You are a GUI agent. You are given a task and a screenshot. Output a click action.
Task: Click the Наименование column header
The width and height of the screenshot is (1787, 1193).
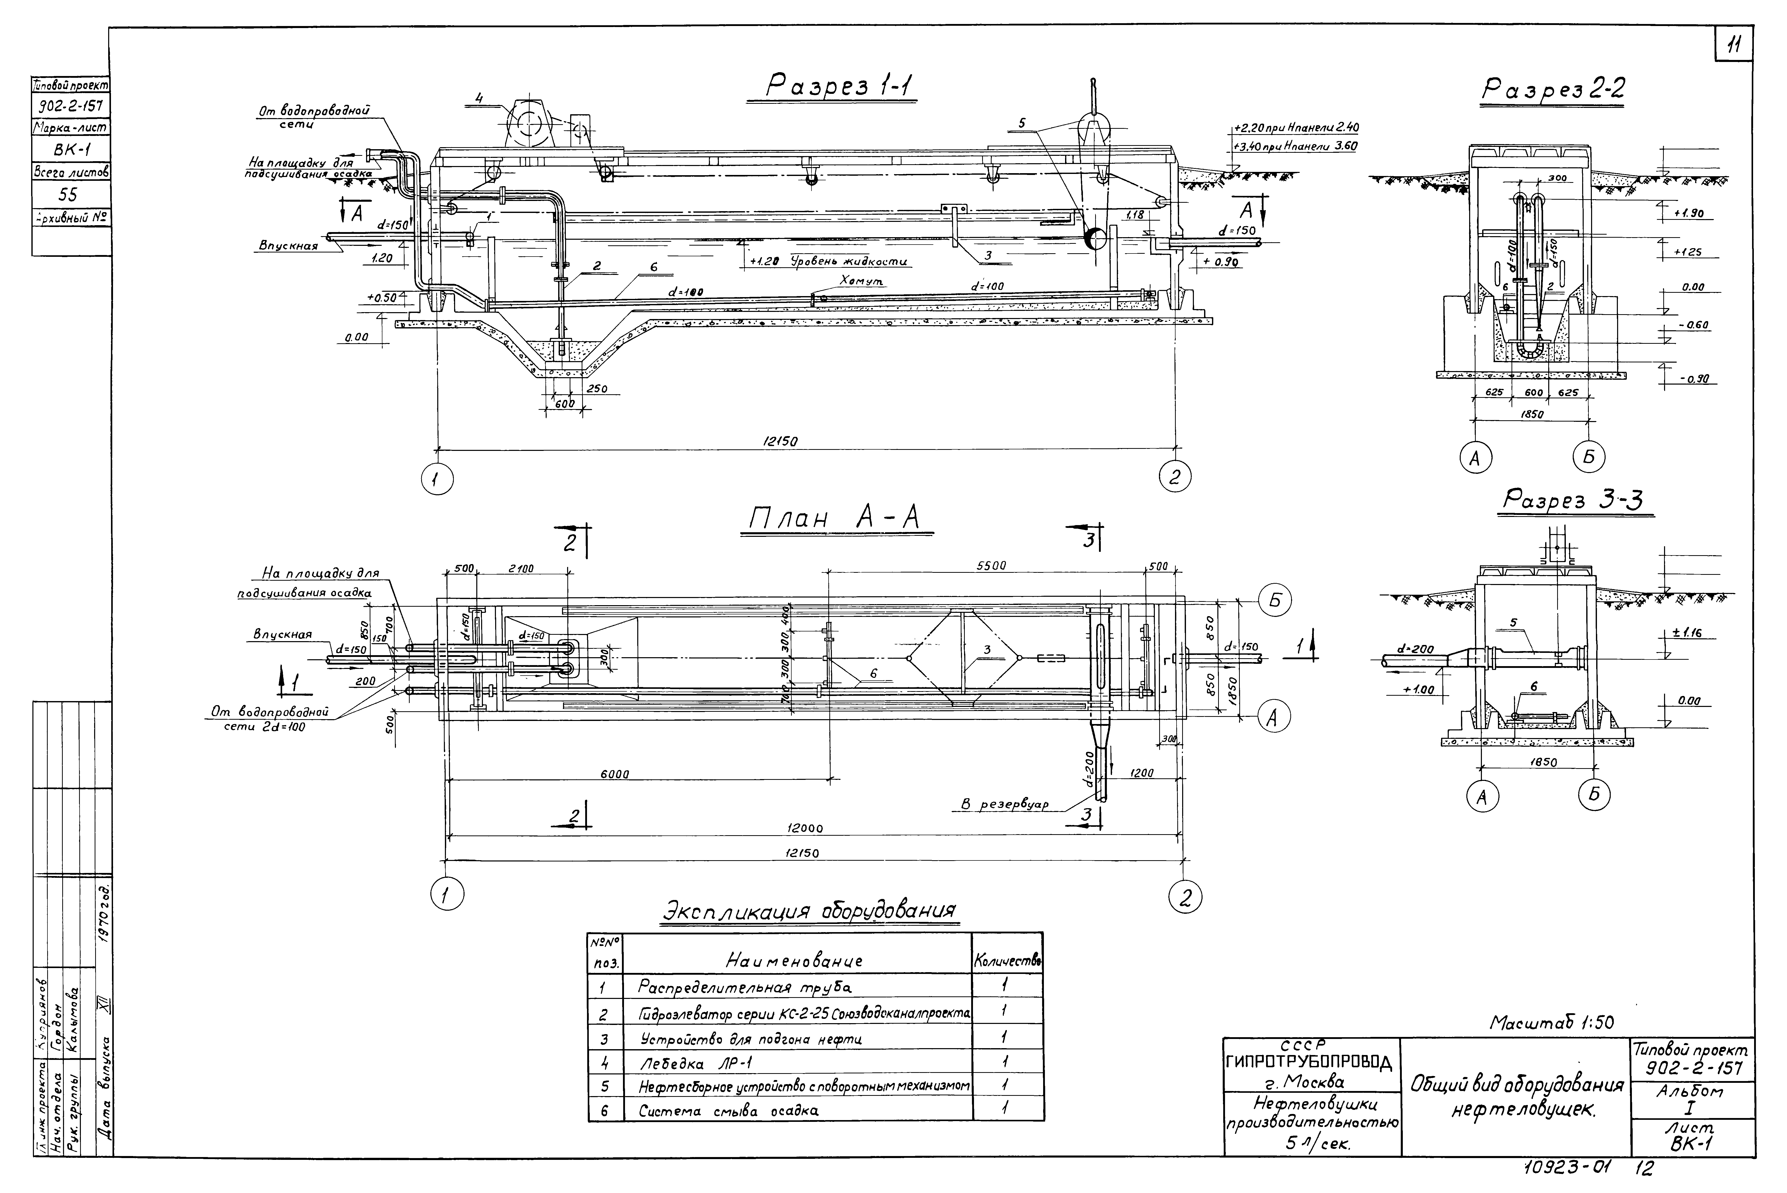tap(795, 961)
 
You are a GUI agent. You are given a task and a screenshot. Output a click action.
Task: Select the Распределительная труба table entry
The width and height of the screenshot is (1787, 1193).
tap(744, 987)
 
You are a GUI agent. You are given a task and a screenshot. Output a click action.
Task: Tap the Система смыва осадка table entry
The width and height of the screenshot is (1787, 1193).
tap(728, 1111)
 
